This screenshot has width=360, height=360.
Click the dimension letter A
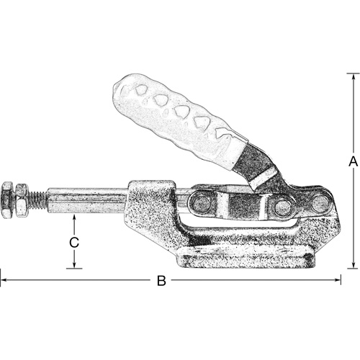click(x=353, y=163)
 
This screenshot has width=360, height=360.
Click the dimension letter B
click(x=161, y=281)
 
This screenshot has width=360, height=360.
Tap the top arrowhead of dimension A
click(x=353, y=75)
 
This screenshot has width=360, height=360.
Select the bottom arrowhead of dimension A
click(x=353, y=265)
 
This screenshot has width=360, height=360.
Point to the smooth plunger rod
click(x=86, y=199)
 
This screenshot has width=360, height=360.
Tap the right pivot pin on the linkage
click(x=282, y=207)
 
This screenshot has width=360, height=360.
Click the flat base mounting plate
click(x=245, y=257)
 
